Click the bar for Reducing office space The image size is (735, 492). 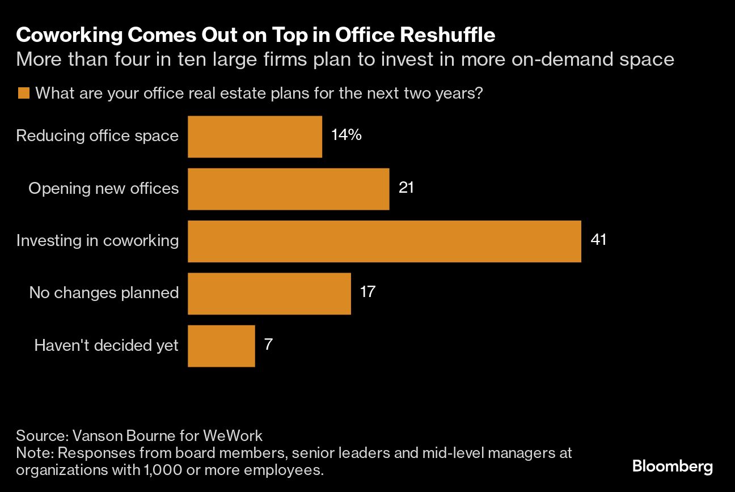tap(255, 137)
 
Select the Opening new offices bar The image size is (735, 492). tap(288, 189)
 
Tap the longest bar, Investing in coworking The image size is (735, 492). tap(384, 241)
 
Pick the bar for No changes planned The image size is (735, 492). tap(269, 293)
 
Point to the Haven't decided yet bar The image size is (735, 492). tap(221, 345)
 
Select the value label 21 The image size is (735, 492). tap(406, 188)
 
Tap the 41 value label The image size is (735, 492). tap(598, 240)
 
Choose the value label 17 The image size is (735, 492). tap(367, 292)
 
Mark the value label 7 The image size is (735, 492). tap(268, 344)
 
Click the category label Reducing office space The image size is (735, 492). tap(97, 136)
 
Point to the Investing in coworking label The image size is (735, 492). tap(97, 240)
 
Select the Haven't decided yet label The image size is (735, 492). tap(106, 345)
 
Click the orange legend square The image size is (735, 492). tap(23, 94)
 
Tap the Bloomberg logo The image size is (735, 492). tap(673, 467)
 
